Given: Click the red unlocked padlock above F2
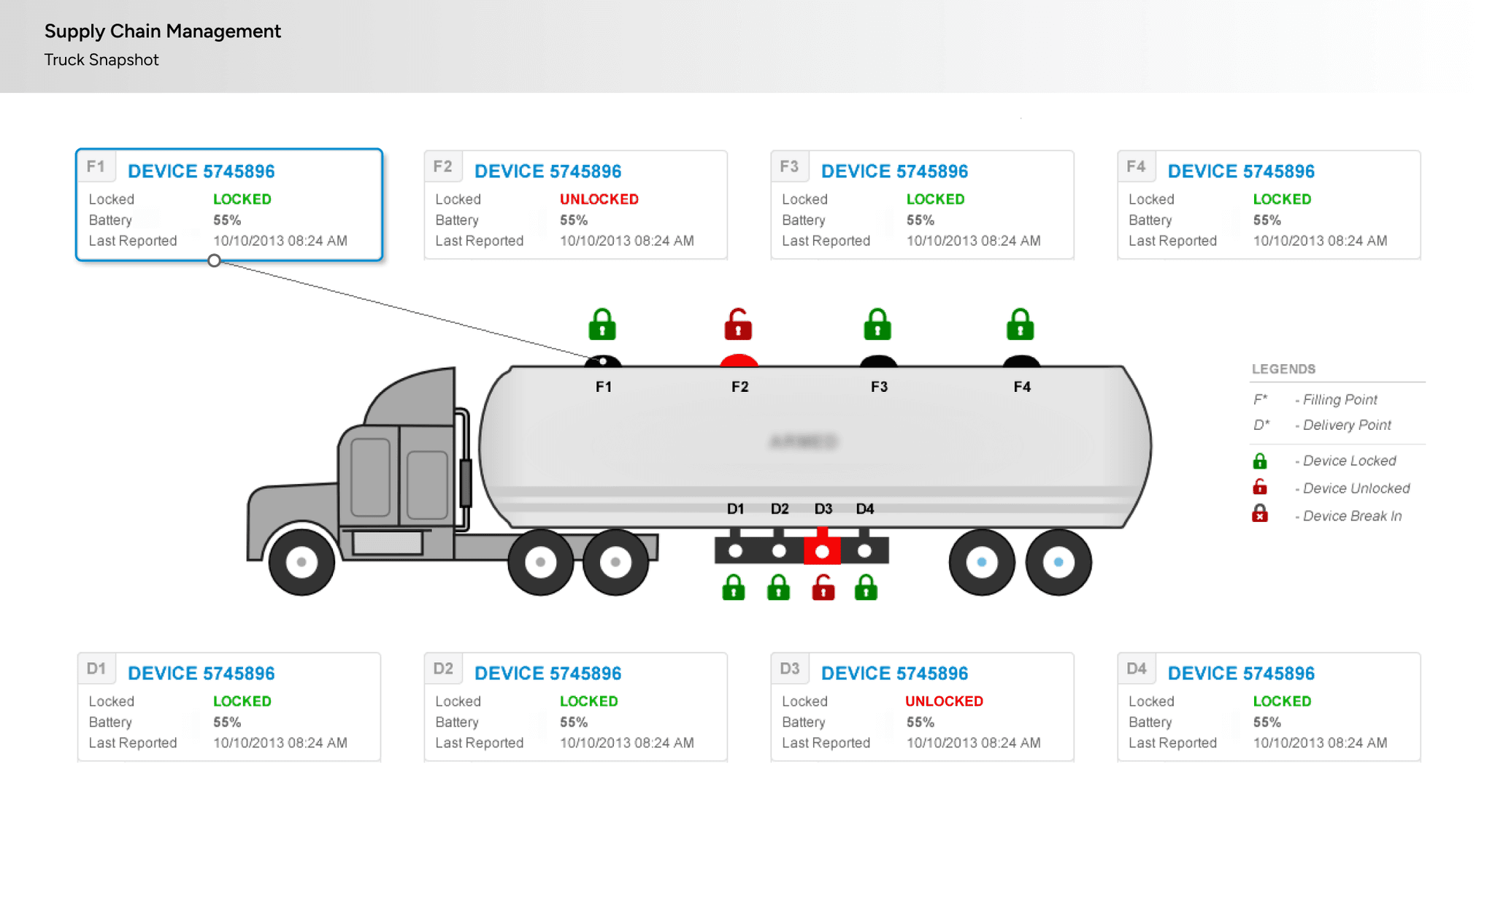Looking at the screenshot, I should tap(738, 325).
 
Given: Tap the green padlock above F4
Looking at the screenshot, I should tap(1020, 325).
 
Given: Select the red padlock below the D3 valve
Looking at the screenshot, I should tap(823, 588).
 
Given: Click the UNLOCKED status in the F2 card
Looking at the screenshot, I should tap(599, 199).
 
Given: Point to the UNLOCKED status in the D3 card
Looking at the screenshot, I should tap(944, 701).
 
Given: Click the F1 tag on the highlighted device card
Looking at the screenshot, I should tap(96, 166).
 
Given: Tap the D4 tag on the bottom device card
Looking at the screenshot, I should tap(1136, 669).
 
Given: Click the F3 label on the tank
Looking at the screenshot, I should tap(879, 387).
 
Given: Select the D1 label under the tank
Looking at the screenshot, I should tap(735, 509).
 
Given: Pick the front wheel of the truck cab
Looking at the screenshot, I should tap(301, 562).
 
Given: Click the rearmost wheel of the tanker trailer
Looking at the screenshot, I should tap(1058, 562).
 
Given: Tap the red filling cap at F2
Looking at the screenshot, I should tap(739, 360).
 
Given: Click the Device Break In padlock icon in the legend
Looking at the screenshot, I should tap(1259, 515).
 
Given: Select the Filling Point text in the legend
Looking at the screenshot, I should tap(1340, 399).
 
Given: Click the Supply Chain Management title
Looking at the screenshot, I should tap(162, 31).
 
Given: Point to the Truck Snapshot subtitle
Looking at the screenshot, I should tap(101, 60).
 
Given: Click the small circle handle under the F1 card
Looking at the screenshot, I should tap(214, 261).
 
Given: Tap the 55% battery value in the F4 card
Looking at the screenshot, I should tap(1267, 220).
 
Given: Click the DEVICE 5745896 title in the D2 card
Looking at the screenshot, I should tap(547, 673).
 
